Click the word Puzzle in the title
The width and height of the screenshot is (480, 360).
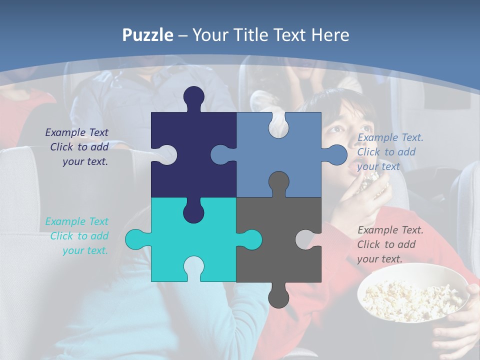[x=148, y=35]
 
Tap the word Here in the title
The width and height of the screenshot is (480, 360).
[x=330, y=35]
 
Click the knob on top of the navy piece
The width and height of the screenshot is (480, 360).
[x=194, y=97]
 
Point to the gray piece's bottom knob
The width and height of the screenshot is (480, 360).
[x=278, y=296]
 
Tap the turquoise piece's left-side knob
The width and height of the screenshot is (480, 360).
[x=136, y=239]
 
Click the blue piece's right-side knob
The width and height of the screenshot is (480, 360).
[x=336, y=154]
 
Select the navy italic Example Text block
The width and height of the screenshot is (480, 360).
[x=77, y=147]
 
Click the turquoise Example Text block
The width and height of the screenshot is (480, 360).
[x=77, y=236]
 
